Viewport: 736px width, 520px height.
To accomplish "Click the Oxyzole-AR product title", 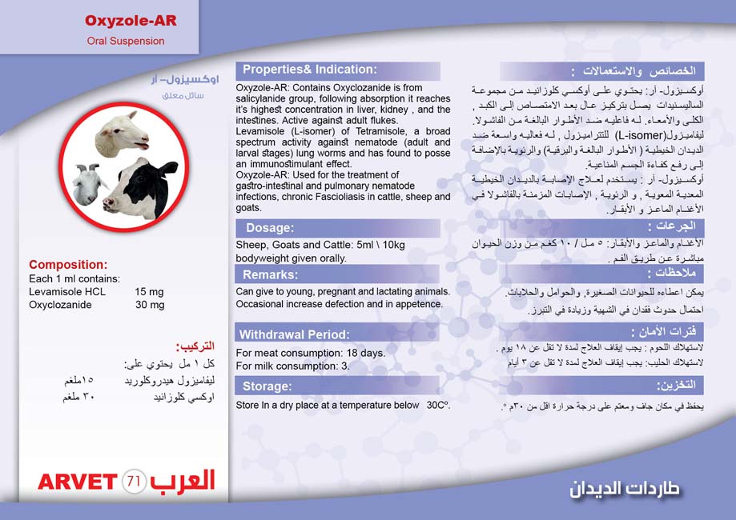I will [131, 20].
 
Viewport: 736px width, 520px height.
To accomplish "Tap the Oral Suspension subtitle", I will [126, 41].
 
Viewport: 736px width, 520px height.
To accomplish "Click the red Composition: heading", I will [67, 265].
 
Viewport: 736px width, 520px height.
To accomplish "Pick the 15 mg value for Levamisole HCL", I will [149, 292].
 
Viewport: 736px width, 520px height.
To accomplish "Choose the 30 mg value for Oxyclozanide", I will [149, 305].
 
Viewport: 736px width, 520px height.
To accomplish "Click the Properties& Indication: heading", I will [309, 70].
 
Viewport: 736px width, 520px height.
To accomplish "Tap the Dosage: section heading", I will [270, 228].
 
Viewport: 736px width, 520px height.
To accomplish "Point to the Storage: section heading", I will [267, 386].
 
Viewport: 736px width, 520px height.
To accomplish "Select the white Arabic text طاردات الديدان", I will [625, 487].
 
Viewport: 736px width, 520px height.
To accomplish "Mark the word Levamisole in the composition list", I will [55, 292].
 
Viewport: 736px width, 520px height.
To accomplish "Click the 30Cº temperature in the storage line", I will [438, 405].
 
